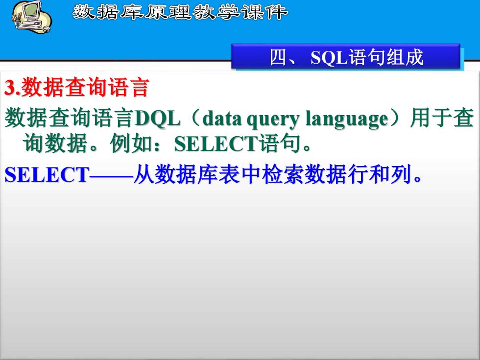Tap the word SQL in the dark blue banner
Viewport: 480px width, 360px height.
[x=329, y=58]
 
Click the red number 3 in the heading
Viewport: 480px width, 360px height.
[x=10, y=88]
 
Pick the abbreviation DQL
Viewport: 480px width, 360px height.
[x=157, y=119]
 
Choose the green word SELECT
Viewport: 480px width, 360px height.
[x=216, y=144]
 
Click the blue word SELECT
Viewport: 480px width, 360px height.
[x=47, y=175]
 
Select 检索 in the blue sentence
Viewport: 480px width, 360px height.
[x=284, y=175]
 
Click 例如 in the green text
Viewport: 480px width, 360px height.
[x=131, y=143]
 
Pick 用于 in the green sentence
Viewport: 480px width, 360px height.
[x=431, y=118]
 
